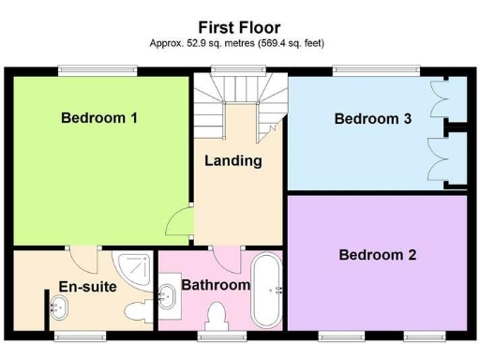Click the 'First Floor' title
tap(238, 28)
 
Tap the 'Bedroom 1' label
tap(99, 118)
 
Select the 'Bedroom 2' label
tap(378, 254)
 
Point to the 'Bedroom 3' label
tap(372, 119)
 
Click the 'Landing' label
tap(232, 160)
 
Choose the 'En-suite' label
tap(87, 287)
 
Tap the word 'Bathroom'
tap(216, 285)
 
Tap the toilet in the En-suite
tap(134, 310)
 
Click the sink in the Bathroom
tap(169, 296)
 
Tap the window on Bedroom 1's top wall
tap(97, 69)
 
